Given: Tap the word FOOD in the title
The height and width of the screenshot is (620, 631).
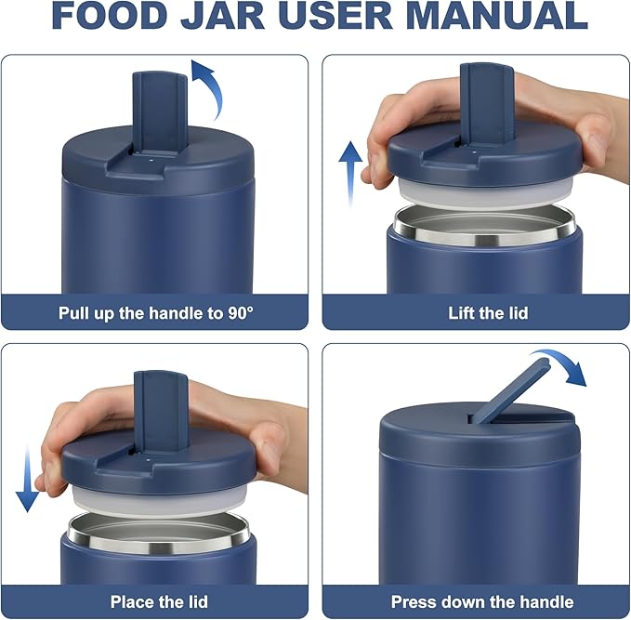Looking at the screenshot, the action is click(110, 15).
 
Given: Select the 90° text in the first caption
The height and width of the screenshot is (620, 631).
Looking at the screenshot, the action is click(241, 313).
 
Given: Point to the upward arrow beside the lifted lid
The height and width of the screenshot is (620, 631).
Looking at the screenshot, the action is click(350, 173).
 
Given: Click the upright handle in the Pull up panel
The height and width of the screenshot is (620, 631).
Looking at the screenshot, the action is click(160, 112).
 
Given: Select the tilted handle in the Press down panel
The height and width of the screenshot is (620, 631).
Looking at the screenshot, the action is click(510, 390).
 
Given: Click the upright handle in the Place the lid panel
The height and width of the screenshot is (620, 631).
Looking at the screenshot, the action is click(161, 411).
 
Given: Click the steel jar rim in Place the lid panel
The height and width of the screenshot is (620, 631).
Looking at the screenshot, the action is click(159, 534).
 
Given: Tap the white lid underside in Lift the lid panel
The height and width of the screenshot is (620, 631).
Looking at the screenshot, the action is click(485, 194).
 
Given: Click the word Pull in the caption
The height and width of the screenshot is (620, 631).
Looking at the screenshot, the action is click(73, 313).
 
